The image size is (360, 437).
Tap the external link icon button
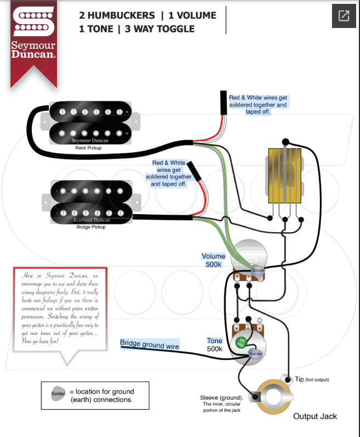[x=344, y=16]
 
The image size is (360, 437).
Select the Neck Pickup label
[x=88, y=148]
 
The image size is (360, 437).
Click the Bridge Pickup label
[x=91, y=226]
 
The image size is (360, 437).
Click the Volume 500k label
[x=213, y=260]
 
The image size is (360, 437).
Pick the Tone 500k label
[x=215, y=345]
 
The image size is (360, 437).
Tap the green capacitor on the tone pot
[x=241, y=342]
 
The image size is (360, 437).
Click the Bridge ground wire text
[x=150, y=345]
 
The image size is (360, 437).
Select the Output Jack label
[x=315, y=416]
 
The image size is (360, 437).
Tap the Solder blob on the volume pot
[x=258, y=270]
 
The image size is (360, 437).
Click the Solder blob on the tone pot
[x=256, y=354]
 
